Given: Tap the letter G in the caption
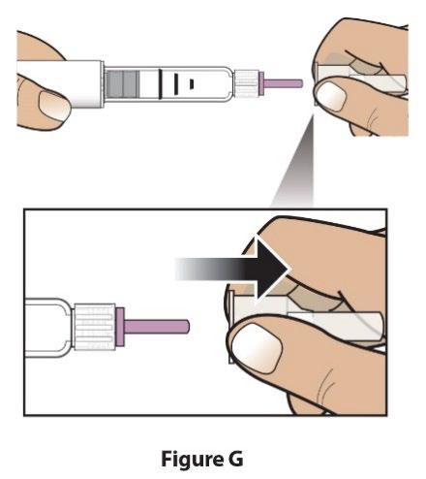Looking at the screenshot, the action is (x=233, y=459).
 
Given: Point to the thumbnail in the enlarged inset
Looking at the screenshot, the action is (x=257, y=349).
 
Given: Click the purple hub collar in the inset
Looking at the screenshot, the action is (x=120, y=327).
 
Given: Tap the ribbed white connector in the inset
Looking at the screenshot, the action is (x=95, y=327).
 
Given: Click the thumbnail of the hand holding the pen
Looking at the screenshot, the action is (x=54, y=106).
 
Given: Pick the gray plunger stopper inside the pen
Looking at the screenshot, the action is (x=123, y=83).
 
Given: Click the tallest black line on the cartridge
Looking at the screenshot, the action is (x=160, y=83).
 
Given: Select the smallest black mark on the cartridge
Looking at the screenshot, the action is (x=192, y=84).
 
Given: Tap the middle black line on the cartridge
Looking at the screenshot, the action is (x=176, y=84).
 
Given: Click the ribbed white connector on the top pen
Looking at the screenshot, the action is (x=247, y=84).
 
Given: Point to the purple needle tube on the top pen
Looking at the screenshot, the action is (x=284, y=83).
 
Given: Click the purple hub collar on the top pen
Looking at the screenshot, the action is (x=261, y=83).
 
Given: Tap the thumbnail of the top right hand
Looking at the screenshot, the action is (x=332, y=96).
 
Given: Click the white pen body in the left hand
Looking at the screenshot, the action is (x=60, y=83).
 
